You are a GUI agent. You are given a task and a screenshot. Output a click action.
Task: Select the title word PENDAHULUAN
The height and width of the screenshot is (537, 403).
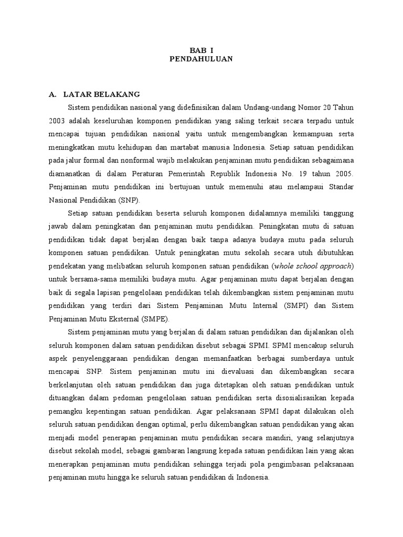coord(201,59)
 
